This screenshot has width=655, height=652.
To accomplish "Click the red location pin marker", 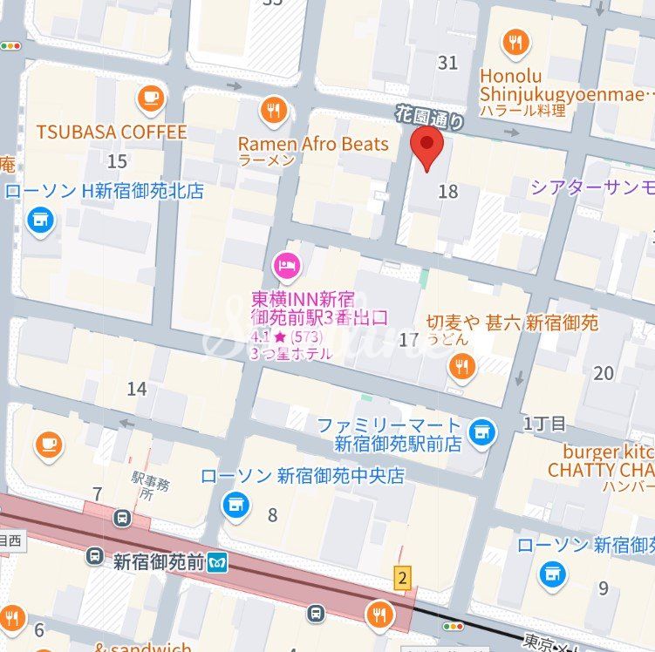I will pos(426,149).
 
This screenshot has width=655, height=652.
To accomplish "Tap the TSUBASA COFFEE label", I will pos(111,132).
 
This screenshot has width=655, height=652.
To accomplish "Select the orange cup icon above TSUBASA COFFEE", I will pos(150,98).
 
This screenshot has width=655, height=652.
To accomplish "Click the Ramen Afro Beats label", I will pos(313,144).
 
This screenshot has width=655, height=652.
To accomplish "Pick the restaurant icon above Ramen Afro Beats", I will pos(274,110).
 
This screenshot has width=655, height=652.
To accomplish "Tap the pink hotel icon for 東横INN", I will pos(286,262).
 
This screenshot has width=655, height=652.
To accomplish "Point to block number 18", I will pos(447,192).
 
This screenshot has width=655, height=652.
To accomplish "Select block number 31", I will pos(447,62).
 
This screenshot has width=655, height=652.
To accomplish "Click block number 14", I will pos(136,389).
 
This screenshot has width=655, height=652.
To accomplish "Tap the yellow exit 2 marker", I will pos(402,577).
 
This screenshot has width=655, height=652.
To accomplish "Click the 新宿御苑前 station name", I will pos(159,562).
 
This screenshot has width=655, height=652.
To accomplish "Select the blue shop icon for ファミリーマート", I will pos(481,430).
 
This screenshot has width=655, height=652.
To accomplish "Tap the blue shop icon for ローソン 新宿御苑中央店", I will pos(234,503).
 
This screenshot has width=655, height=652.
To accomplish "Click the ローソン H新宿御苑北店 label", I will pos(105,191).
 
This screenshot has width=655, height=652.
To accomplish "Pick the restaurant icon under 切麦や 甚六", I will pos(462,368).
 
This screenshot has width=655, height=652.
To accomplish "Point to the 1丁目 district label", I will pos(544,424).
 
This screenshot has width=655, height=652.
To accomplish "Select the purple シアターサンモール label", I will pos(592,187).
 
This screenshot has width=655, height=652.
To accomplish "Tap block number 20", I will pos(603,373).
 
